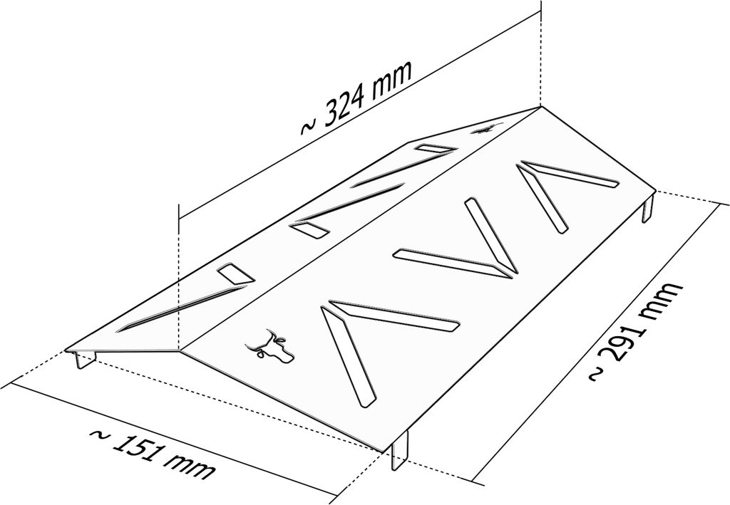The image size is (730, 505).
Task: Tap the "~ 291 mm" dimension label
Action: click(637, 331)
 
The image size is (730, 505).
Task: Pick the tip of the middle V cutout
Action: click(509, 269)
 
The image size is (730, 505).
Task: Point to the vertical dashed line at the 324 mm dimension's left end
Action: click(178, 278)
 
